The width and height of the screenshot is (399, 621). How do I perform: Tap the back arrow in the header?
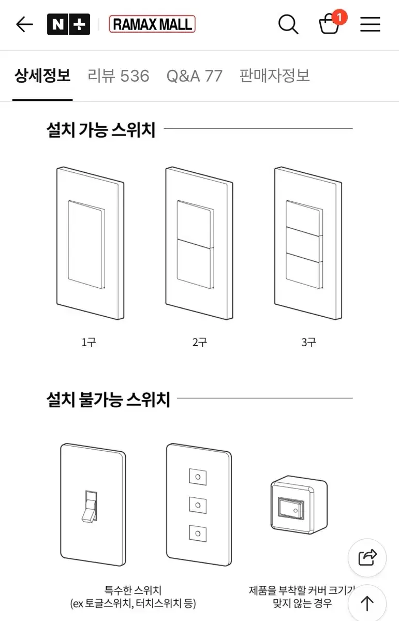(x=24, y=24)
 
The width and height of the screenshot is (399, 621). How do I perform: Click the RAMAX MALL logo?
(x=152, y=24)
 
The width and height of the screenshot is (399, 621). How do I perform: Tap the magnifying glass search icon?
(x=288, y=24)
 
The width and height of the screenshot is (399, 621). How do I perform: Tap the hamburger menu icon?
(x=370, y=24)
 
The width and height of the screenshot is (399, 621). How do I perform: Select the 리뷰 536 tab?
(x=119, y=76)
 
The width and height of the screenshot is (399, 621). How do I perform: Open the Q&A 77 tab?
(x=195, y=76)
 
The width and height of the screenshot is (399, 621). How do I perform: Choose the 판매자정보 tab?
(x=274, y=76)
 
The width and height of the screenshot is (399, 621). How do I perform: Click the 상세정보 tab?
(x=42, y=76)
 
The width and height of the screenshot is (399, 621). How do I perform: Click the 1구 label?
(x=88, y=343)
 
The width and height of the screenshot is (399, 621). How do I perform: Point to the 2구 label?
(x=200, y=343)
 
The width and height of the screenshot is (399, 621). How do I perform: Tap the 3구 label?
(x=308, y=343)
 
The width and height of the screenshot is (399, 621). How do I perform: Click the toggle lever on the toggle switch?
(x=90, y=507)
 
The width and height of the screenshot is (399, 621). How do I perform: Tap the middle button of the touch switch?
(x=198, y=505)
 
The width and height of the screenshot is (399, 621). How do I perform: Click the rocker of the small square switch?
(x=291, y=508)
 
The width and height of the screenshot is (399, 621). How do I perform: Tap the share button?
(x=367, y=557)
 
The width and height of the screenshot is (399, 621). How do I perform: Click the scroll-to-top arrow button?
(x=367, y=603)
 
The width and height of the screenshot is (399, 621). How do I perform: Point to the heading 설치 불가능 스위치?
(x=108, y=400)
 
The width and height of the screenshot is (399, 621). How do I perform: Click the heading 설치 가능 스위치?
(x=101, y=129)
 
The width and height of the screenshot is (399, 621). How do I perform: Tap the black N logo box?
(x=58, y=24)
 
